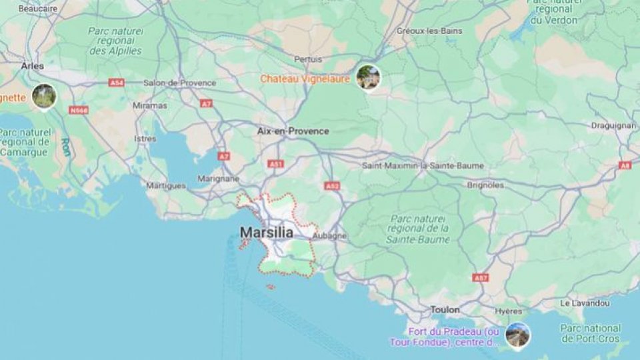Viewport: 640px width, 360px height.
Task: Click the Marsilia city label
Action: coord(266,233)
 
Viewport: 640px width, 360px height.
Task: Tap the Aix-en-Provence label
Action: coord(293,131)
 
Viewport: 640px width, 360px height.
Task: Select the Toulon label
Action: coord(445,310)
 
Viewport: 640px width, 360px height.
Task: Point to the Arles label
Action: coord(32,66)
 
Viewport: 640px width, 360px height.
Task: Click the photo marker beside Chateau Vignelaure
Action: coord(367,77)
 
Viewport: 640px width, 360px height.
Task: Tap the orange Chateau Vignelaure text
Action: coord(305,79)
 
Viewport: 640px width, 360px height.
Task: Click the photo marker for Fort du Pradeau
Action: coord(517,334)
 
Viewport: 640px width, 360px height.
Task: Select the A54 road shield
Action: coord(117,82)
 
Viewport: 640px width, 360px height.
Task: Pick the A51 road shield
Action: coord(275,163)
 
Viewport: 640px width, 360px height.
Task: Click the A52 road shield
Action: coord(332,186)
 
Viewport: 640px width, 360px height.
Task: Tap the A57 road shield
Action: coord(480,277)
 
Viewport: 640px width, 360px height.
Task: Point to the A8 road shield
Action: coord(625,165)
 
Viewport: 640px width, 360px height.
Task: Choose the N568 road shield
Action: coord(79,110)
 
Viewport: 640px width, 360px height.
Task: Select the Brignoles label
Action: coord(485,185)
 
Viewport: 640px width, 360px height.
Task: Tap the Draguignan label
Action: coord(613,125)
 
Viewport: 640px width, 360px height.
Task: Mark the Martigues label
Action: coord(166,185)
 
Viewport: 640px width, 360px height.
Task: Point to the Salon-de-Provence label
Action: coord(180,83)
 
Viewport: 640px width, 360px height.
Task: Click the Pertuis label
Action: coord(308,59)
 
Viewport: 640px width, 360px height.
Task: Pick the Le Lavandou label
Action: coord(585,303)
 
